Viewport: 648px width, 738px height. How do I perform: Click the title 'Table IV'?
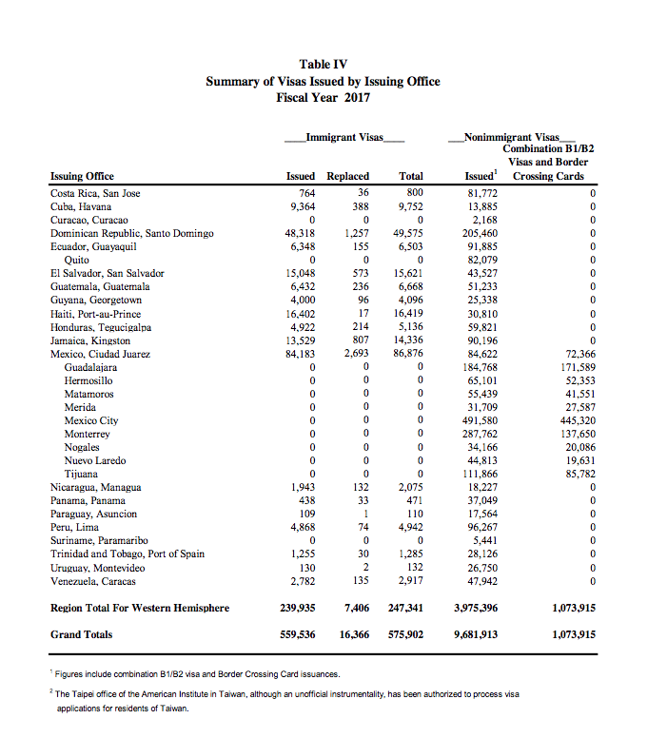(324, 65)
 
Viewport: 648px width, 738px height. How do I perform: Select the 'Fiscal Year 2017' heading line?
(324, 97)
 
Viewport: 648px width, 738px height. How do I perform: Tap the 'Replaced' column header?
(347, 176)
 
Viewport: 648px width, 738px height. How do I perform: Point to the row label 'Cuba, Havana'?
(81, 206)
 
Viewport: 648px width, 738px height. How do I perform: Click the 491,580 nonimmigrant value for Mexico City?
(478, 419)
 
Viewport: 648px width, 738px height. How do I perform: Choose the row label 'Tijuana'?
(81, 473)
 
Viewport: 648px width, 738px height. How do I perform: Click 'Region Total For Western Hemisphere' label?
(140, 608)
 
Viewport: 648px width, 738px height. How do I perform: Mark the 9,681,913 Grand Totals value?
(474, 634)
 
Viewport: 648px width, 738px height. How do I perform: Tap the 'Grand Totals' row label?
(81, 634)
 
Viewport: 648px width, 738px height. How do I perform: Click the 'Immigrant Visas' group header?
(345, 138)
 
